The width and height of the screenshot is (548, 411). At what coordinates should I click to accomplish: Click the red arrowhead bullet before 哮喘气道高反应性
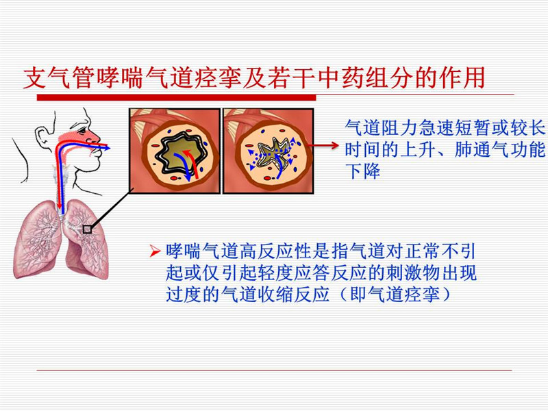(x=155, y=251)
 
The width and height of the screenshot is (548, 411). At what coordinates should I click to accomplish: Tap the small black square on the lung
(x=87, y=229)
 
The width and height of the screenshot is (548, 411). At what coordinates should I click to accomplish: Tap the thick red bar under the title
(x=177, y=97)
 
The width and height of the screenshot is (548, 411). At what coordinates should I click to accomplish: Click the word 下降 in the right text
(x=362, y=171)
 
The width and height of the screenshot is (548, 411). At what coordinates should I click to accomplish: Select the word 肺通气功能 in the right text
(x=500, y=149)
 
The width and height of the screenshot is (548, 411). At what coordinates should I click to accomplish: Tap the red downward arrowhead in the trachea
(x=60, y=205)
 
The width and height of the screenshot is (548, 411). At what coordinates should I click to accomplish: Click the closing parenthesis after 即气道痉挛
(x=445, y=295)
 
